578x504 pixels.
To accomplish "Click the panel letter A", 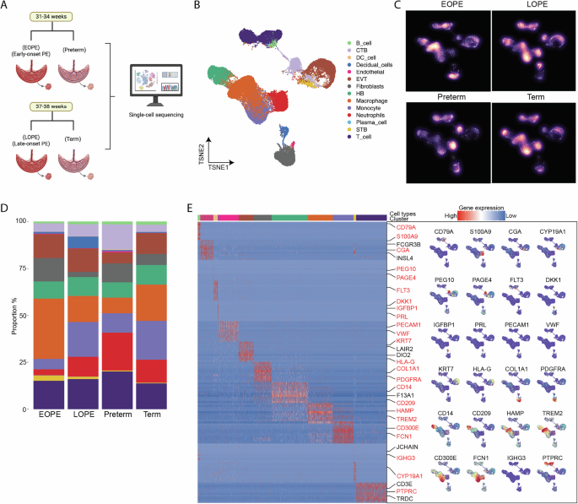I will tap(6, 7).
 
